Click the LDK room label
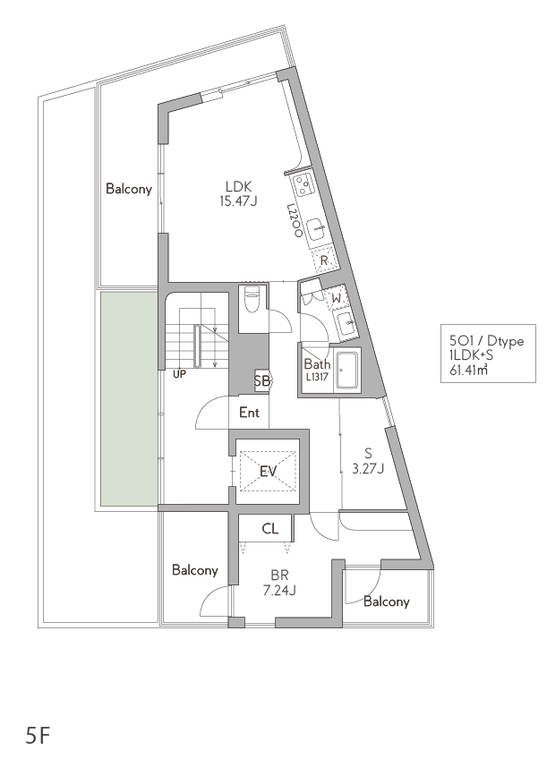click(238, 193)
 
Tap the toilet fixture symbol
click(252, 299)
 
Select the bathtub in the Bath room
click(346, 370)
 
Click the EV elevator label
click(268, 471)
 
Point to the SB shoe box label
click(262, 381)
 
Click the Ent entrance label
click(249, 413)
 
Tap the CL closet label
click(270, 529)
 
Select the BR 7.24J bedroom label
click(280, 583)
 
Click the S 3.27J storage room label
click(368, 461)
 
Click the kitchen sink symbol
click(317, 228)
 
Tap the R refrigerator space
click(324, 260)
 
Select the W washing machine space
click(337, 298)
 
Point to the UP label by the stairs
click(179, 374)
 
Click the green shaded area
click(129, 398)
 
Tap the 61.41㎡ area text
click(468, 371)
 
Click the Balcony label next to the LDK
click(129, 188)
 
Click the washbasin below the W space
click(346, 323)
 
